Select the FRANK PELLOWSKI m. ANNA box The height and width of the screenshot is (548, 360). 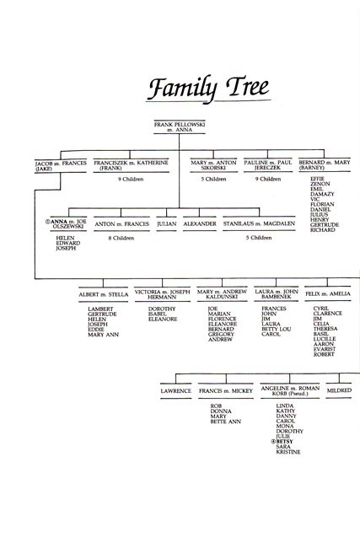[180, 126]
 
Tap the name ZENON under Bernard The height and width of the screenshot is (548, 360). [320, 184]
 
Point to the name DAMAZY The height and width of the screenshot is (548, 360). [322, 194]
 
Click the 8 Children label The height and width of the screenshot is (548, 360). [121, 238]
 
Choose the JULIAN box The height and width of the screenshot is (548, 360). [166, 223]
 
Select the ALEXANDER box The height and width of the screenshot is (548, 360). [200, 223]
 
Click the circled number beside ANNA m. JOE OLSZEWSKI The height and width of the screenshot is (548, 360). [48, 222]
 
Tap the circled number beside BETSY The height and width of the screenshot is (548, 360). [273, 442]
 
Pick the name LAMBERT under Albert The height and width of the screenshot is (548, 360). [100, 309]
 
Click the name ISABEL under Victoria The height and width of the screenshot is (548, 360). [157, 314]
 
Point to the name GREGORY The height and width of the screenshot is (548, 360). [221, 334]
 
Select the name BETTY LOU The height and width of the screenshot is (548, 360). [276, 329]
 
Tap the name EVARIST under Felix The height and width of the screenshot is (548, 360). [325, 349]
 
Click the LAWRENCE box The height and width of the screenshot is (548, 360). [176, 391]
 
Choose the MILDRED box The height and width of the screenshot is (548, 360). [339, 390]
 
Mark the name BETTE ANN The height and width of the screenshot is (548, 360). [225, 422]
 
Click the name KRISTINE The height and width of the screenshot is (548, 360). [288, 452]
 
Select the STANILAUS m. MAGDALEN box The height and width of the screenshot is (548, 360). [259, 223]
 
